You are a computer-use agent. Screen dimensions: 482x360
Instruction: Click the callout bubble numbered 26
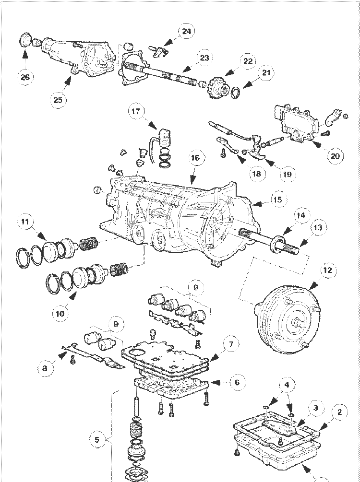pyautogui.click(x=25, y=76)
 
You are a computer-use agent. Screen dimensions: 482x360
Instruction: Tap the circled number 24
pyautogui.click(x=186, y=32)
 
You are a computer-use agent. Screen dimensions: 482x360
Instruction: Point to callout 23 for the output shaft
pyautogui.click(x=204, y=58)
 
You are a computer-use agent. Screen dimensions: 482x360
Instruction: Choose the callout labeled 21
pyautogui.click(x=265, y=72)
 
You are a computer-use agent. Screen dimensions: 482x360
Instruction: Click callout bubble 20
pyautogui.click(x=335, y=155)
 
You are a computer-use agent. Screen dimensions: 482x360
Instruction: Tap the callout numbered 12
pyautogui.click(x=327, y=270)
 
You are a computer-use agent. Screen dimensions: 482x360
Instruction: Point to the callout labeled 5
pyautogui.click(x=97, y=439)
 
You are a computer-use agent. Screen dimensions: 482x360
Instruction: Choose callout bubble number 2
pyautogui.click(x=339, y=411)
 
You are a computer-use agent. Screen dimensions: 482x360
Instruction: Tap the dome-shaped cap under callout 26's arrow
pyautogui.click(x=25, y=39)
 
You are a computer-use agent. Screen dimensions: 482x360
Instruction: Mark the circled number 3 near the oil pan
pyautogui.click(x=315, y=409)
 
